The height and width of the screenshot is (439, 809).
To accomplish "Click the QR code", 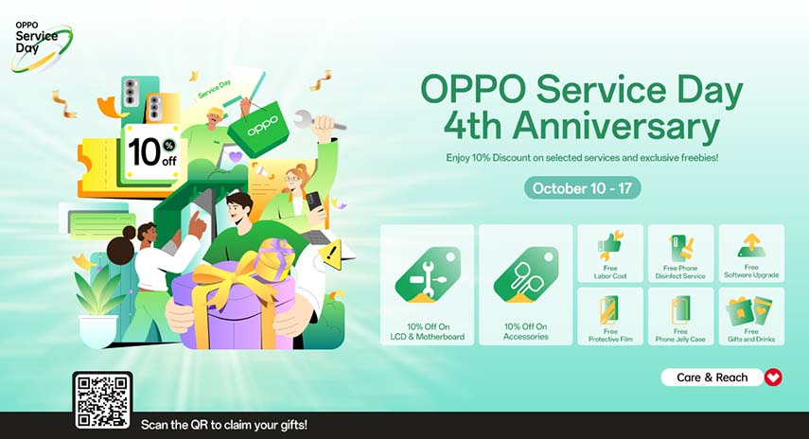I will click(x=102, y=400).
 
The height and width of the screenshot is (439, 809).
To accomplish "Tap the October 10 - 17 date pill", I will click(x=582, y=187).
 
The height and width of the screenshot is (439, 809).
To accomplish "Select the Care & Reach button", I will click(x=712, y=378).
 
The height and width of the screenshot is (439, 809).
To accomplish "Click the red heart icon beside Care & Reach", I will click(x=773, y=378).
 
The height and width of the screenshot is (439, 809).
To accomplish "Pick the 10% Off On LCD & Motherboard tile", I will click(x=428, y=284).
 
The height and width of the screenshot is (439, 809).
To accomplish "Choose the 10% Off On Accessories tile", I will click(x=526, y=284).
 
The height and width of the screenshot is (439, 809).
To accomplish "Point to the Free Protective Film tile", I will click(x=610, y=316).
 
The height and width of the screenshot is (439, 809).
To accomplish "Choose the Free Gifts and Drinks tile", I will click(x=751, y=316).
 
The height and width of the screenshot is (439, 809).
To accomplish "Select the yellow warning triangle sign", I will click(x=332, y=254).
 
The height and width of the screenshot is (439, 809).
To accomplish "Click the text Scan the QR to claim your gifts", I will click(x=224, y=425).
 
